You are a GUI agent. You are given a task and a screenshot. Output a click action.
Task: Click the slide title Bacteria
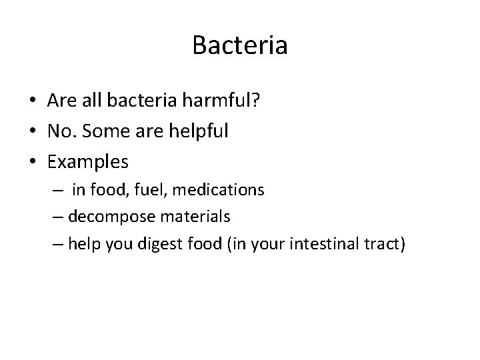tap(239, 45)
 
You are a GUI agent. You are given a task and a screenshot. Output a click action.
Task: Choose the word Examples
tap(88, 162)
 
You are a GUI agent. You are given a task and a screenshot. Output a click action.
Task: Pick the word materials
tap(189, 217)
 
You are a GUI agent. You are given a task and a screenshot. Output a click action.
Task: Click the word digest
tap(159, 244)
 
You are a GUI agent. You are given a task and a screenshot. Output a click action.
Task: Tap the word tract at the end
tap(383, 243)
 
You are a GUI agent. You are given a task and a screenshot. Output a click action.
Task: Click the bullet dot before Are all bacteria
tap(32, 101)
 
